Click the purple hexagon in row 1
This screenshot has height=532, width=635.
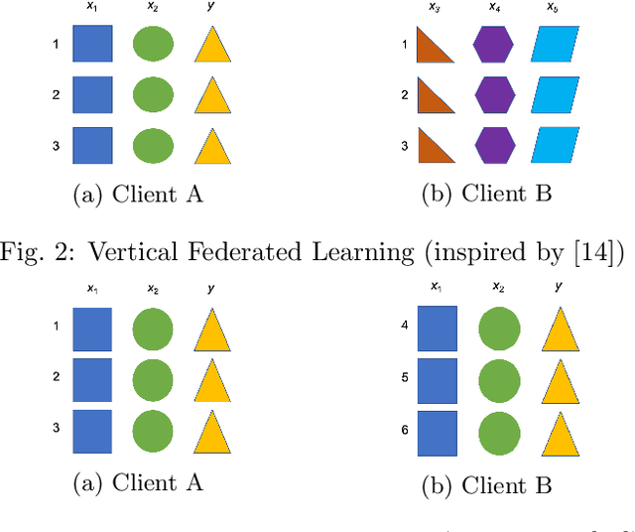pyautogui.click(x=493, y=45)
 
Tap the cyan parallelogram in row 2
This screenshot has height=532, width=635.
pyautogui.click(x=555, y=96)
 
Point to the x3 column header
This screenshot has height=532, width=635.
pyautogui.click(x=435, y=8)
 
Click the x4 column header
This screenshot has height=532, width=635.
pyautogui.click(x=494, y=8)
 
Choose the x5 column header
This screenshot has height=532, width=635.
pyautogui.click(x=552, y=8)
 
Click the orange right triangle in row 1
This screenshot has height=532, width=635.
pyautogui.click(x=432, y=46)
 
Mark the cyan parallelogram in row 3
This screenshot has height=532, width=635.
pyautogui.click(x=555, y=146)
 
